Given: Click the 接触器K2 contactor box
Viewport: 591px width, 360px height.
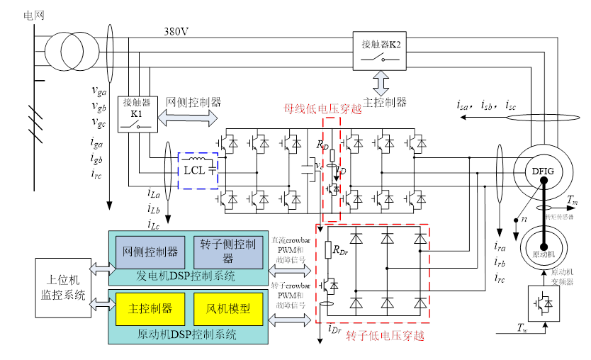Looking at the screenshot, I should pyautogui.click(x=381, y=50).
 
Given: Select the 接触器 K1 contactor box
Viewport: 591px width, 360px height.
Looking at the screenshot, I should pyautogui.click(x=137, y=113).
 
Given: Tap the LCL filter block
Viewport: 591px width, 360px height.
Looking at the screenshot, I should pyautogui.click(x=198, y=171).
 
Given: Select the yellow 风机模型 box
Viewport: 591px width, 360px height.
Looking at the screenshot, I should pyautogui.click(x=227, y=309).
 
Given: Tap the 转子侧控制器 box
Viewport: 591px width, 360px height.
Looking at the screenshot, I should pyautogui.click(x=227, y=251).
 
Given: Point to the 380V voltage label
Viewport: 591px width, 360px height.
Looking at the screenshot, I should pyautogui.click(x=176, y=31).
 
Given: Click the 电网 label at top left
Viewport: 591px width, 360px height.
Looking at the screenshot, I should pyautogui.click(x=33, y=15).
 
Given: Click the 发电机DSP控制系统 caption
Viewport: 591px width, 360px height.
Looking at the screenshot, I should pyautogui.click(x=188, y=276).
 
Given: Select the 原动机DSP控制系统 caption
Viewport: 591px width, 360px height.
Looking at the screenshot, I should pyautogui.click(x=188, y=334).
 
